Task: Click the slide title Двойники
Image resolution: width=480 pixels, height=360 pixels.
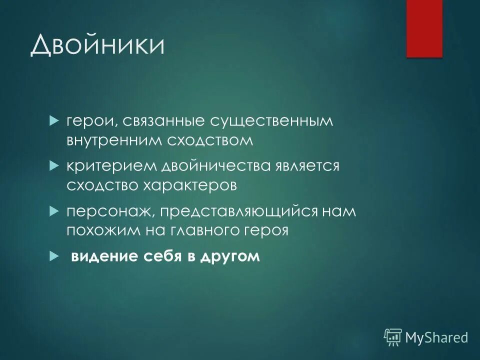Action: [x=98, y=46]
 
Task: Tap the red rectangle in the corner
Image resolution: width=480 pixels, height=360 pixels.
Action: [x=424, y=28]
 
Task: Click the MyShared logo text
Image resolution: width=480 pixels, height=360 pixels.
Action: [x=436, y=337]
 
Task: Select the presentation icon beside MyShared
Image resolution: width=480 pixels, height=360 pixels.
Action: [x=393, y=337]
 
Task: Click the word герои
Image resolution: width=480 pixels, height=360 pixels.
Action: [x=87, y=121]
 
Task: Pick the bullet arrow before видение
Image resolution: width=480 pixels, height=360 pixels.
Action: [x=54, y=256]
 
